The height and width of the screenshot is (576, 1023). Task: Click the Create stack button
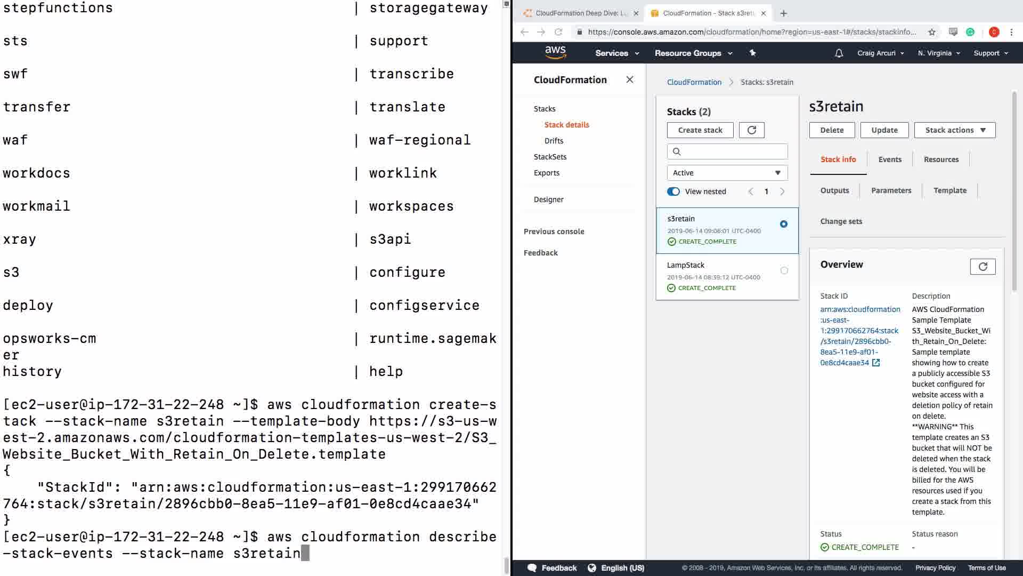(700, 130)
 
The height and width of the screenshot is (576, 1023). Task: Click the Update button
(884, 130)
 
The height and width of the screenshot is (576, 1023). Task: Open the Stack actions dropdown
(955, 130)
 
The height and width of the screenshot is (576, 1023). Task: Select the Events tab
(890, 159)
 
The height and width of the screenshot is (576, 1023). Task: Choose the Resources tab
(941, 159)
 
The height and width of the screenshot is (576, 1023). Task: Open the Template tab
(950, 190)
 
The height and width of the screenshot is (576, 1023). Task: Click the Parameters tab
(891, 190)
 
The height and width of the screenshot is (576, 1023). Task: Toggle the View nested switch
(673, 191)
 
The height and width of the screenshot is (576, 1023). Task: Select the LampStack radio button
(784, 270)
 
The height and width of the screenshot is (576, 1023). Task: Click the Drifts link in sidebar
(554, 141)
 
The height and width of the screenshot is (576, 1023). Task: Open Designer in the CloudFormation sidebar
(548, 199)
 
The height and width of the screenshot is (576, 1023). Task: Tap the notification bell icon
(839, 53)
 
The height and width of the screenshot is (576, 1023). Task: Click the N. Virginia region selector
(939, 53)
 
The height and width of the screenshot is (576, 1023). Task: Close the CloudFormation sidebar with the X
(630, 79)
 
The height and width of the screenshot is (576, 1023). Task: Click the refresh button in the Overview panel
(983, 267)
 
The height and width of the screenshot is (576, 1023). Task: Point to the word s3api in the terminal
(390, 239)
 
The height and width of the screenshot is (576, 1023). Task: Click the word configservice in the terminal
(424, 306)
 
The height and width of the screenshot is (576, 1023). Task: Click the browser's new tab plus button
(783, 13)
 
